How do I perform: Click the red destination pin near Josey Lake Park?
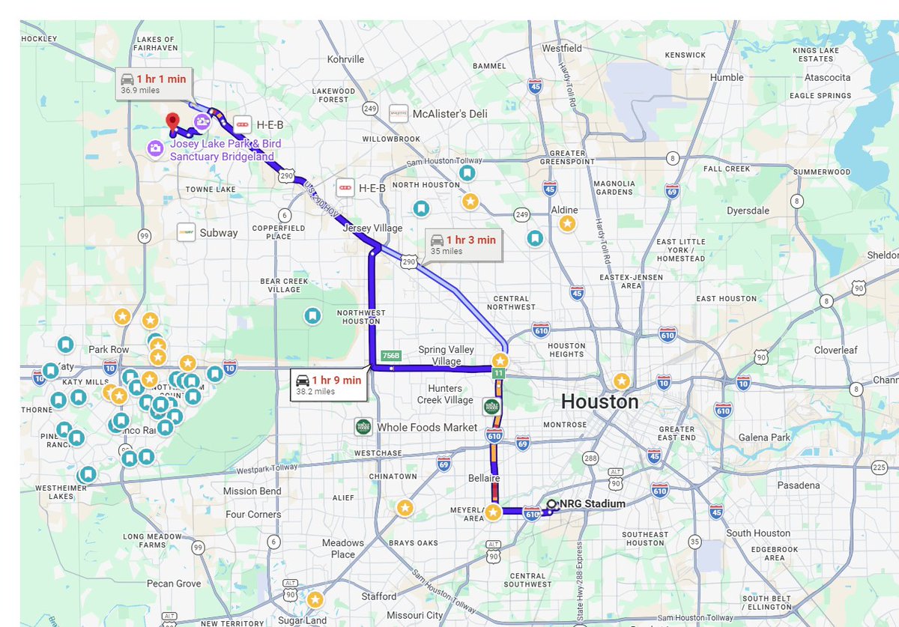pos(173,121)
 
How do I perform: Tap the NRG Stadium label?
pos(592,504)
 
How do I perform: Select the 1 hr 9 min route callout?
pos(328,384)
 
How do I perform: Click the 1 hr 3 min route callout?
pos(462,244)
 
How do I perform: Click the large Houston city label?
pos(599,402)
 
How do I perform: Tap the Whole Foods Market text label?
pos(427,427)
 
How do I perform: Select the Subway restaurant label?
pos(218,232)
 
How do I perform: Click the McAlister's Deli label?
pos(449,114)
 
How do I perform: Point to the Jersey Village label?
pos(372,228)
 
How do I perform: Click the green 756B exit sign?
pos(391,355)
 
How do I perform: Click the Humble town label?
pos(727,77)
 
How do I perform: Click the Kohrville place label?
pos(345,59)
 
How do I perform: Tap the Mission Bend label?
pos(252,491)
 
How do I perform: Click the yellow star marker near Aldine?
pos(568,223)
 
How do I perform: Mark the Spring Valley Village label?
pos(447,355)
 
